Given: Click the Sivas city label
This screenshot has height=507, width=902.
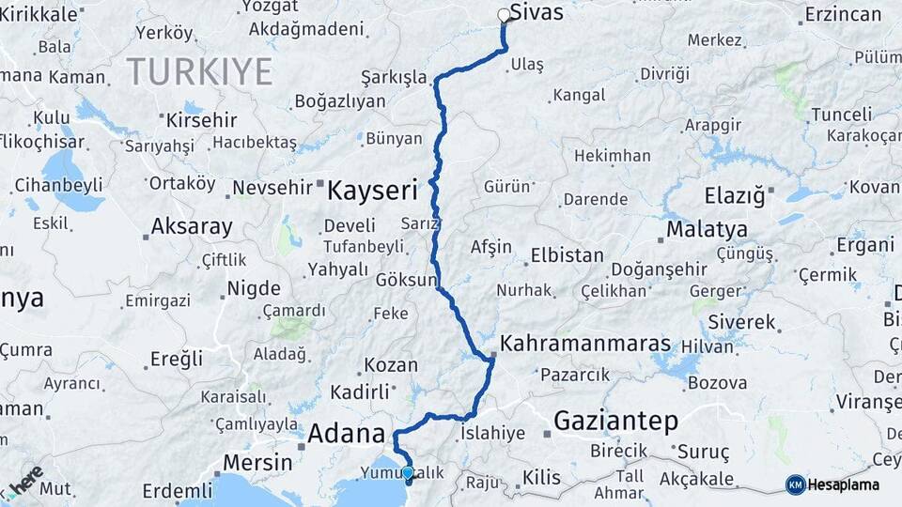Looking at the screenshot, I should [x=543, y=13].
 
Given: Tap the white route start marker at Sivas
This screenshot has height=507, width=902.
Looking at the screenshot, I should [x=505, y=15].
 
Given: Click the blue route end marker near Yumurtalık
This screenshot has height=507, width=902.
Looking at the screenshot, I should [x=408, y=473].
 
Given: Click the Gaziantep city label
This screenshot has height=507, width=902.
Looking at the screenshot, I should [x=615, y=422].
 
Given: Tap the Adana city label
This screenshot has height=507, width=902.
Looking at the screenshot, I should [x=347, y=434].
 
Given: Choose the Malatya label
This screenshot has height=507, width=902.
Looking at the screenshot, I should [x=707, y=229].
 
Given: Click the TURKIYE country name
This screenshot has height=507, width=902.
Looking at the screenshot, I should [x=199, y=71].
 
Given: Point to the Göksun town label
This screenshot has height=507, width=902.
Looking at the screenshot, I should [x=407, y=281].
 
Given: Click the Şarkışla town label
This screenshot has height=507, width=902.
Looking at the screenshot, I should [x=394, y=78].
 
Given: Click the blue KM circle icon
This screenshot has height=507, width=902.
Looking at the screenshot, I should [x=795, y=484].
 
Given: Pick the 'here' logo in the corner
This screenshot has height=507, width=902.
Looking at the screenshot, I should [x=25, y=482].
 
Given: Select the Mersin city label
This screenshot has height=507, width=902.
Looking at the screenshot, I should [x=257, y=463].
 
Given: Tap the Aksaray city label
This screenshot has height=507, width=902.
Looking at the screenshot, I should [x=192, y=226].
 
